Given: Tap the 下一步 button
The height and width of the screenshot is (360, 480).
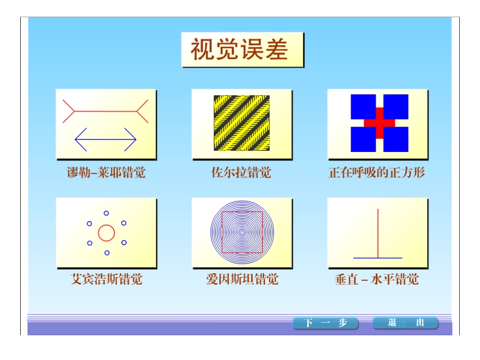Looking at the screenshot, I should click(x=325, y=323).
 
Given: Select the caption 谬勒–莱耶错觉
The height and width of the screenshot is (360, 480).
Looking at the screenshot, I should click(x=106, y=173).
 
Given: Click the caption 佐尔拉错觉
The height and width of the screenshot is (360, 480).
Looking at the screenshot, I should click(x=242, y=173).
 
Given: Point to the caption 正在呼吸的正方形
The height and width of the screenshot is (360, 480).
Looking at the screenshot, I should click(x=377, y=173).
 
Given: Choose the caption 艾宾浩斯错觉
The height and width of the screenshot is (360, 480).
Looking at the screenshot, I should click(x=106, y=279).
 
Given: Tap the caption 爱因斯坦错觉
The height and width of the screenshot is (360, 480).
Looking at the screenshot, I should click(x=242, y=279).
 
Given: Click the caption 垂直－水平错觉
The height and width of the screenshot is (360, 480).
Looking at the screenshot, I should click(x=377, y=279).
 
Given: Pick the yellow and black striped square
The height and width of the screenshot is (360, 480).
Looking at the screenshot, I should click(x=242, y=123).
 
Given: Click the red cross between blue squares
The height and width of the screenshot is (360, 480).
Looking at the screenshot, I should click(x=379, y=123).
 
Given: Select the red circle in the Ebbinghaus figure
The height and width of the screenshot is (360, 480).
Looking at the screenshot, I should click(x=107, y=233).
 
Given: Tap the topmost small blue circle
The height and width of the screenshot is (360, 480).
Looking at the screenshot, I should click(x=106, y=214).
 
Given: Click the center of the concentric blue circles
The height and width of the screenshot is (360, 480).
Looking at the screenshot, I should click(x=242, y=232).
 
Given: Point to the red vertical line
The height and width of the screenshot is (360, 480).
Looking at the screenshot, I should click(x=378, y=233).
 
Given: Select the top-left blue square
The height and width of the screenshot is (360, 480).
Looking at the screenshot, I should click(x=363, y=107).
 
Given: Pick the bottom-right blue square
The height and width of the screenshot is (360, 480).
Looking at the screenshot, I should click(x=396, y=139).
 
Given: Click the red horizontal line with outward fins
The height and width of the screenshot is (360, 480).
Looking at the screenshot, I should click(x=106, y=111).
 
